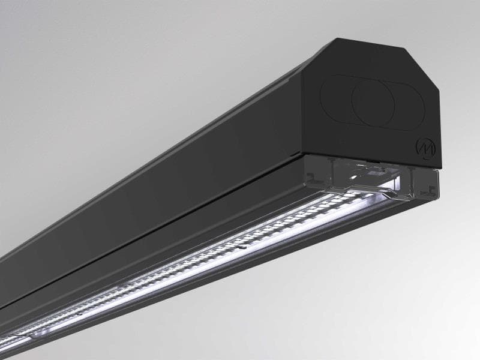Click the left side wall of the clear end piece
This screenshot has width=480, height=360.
coord(312,177)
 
